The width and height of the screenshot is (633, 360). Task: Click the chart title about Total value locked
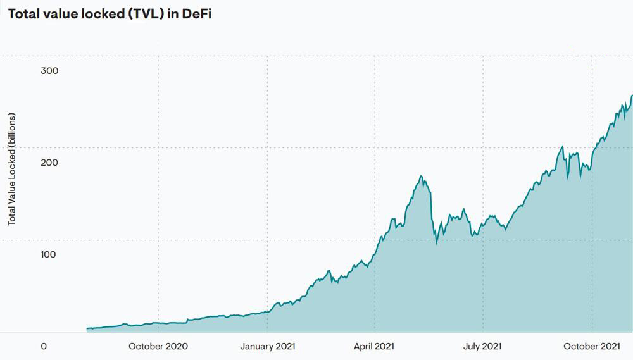pyautogui.click(x=110, y=15)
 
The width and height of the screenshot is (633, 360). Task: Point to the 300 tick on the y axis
pyautogui.click(x=49, y=71)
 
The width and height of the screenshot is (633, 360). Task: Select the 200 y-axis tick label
pyautogui.click(x=49, y=163)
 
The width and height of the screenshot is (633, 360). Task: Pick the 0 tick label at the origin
pyautogui.click(x=44, y=346)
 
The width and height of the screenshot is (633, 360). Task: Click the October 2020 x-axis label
pyautogui.click(x=158, y=346)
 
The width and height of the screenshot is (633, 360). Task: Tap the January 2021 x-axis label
pyautogui.click(x=268, y=346)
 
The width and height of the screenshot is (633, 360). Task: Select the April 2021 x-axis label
pyautogui.click(x=375, y=346)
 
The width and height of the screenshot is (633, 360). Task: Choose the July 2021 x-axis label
pyautogui.click(x=483, y=346)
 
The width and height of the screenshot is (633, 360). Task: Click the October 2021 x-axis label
pyautogui.click(x=592, y=346)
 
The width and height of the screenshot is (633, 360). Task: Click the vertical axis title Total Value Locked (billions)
pyautogui.click(x=12, y=169)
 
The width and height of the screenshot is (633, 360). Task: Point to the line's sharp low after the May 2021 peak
pyautogui.click(x=437, y=242)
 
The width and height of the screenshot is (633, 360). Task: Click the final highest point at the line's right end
pyautogui.click(x=632, y=96)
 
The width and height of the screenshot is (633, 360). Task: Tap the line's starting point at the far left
pyautogui.click(x=87, y=328)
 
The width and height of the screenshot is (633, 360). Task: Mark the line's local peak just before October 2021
pyautogui.click(x=562, y=146)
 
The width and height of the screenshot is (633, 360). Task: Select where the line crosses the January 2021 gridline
pyautogui.click(x=268, y=311)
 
